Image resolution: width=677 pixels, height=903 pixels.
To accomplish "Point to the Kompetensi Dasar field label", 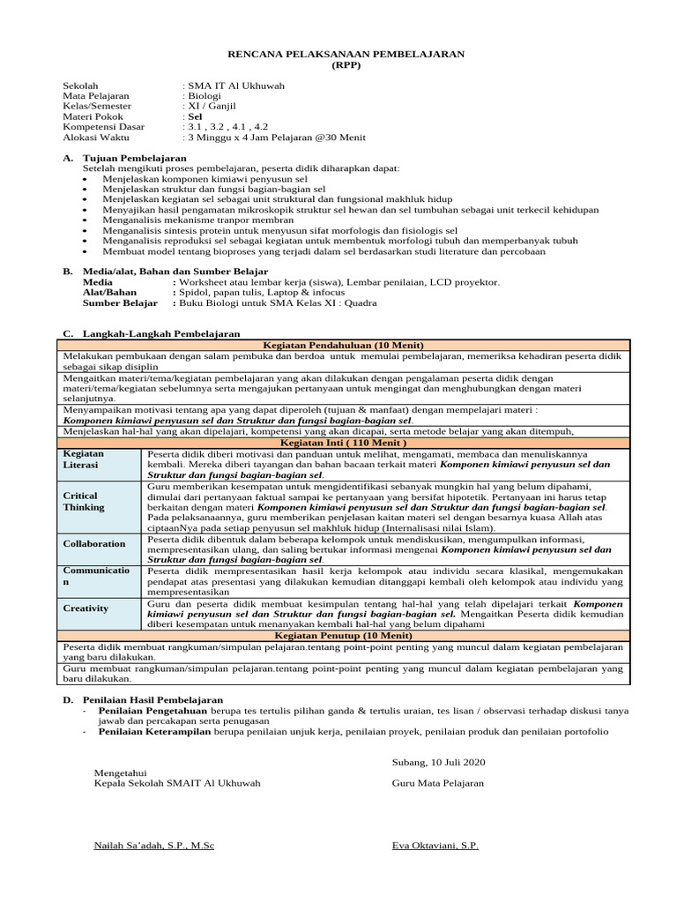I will click(x=104, y=127).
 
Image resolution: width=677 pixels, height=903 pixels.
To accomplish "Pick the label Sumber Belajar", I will click(x=120, y=302).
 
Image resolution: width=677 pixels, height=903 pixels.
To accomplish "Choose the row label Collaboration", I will click(x=94, y=544).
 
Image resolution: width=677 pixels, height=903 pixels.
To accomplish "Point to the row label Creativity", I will click(x=86, y=608).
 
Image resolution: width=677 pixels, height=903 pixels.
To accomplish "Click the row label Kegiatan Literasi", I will click(x=84, y=459).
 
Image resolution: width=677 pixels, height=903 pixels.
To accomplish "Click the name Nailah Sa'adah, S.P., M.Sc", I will click(x=153, y=845).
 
